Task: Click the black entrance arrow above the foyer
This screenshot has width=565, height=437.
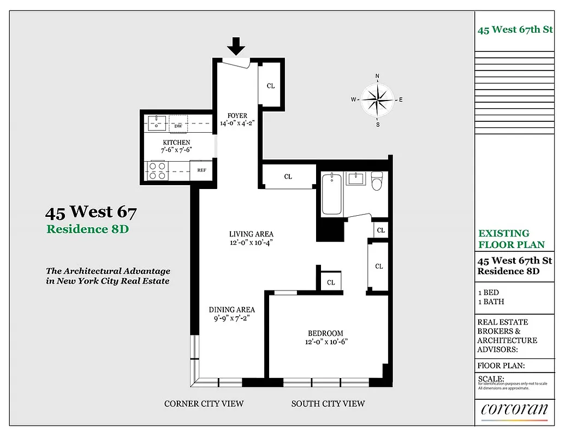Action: click(236, 46)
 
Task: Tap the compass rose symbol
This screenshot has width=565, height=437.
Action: click(377, 99)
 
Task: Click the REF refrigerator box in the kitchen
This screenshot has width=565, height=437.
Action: click(201, 170)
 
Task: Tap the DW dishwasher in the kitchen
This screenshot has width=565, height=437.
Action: click(178, 124)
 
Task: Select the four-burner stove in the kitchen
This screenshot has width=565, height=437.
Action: click(157, 170)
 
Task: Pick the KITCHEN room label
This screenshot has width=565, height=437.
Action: click(176, 142)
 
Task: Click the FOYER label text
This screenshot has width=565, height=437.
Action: click(237, 116)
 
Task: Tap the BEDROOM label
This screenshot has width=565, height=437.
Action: click(325, 333)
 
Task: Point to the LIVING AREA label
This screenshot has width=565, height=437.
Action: click(251, 234)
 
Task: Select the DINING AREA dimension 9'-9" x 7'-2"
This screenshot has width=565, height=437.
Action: click(232, 318)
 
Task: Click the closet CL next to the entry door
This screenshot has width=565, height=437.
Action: click(270, 86)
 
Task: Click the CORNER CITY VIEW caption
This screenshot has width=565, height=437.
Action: click(204, 404)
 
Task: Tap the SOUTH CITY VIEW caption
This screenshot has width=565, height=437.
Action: click(328, 404)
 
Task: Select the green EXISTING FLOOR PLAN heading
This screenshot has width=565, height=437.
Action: click(511, 239)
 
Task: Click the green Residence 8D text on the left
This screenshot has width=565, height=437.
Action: click(87, 229)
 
